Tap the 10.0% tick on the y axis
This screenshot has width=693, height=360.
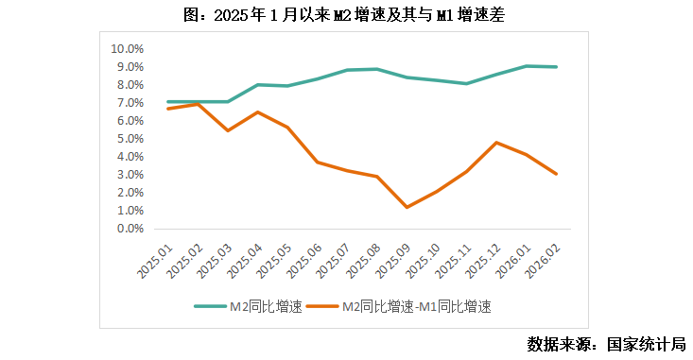pyautogui.click(x=127, y=48)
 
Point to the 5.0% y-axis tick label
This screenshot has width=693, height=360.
pyautogui.click(x=129, y=138)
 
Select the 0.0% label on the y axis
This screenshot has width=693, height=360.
pyautogui.click(x=129, y=228)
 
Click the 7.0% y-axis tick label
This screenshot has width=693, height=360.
pyautogui.click(x=129, y=102)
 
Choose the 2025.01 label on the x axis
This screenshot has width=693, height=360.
pyautogui.click(x=155, y=259)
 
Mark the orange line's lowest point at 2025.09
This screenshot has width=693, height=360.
pyautogui.click(x=407, y=207)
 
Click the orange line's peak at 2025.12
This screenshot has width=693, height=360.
pyautogui.click(x=496, y=143)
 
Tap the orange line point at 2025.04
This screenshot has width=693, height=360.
pyautogui.click(x=257, y=112)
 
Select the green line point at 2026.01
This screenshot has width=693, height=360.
pyautogui.click(x=527, y=66)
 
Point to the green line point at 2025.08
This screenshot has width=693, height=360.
pyautogui.click(x=377, y=69)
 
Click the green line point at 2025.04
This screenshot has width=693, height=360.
pyautogui.click(x=257, y=85)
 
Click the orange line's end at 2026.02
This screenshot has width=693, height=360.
pyautogui.click(x=557, y=174)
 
